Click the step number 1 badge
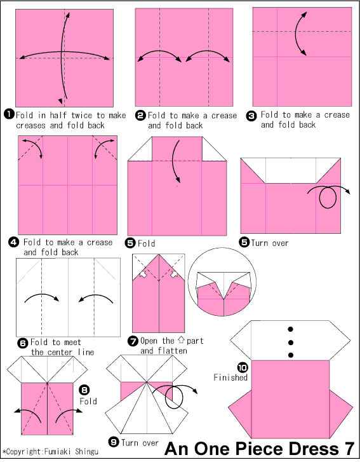pos(9,114)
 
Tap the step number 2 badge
pos(140,116)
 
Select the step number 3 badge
pos(252,116)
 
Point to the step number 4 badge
pos(13,242)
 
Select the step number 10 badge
pos(243,367)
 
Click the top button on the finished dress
pos(291,329)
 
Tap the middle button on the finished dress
pos(291,342)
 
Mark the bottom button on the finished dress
pos(291,355)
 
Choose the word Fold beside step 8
pos(88,402)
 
